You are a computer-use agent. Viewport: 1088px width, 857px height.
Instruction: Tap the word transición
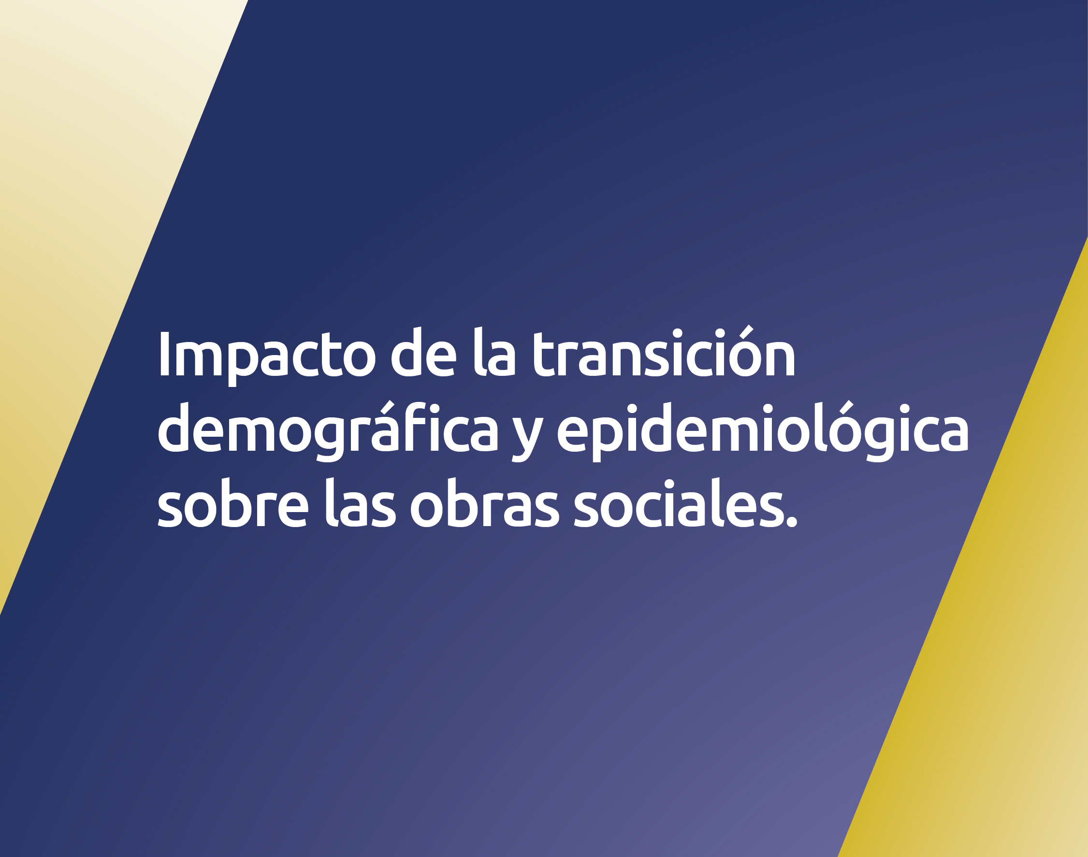tap(664, 351)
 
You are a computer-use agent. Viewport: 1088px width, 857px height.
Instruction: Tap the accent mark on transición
tap(746, 331)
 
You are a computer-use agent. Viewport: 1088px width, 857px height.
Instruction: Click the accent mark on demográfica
tap(387, 407)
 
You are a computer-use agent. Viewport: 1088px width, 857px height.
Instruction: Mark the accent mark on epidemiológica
tap(846, 407)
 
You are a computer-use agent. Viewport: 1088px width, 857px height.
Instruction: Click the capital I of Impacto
tap(164, 353)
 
